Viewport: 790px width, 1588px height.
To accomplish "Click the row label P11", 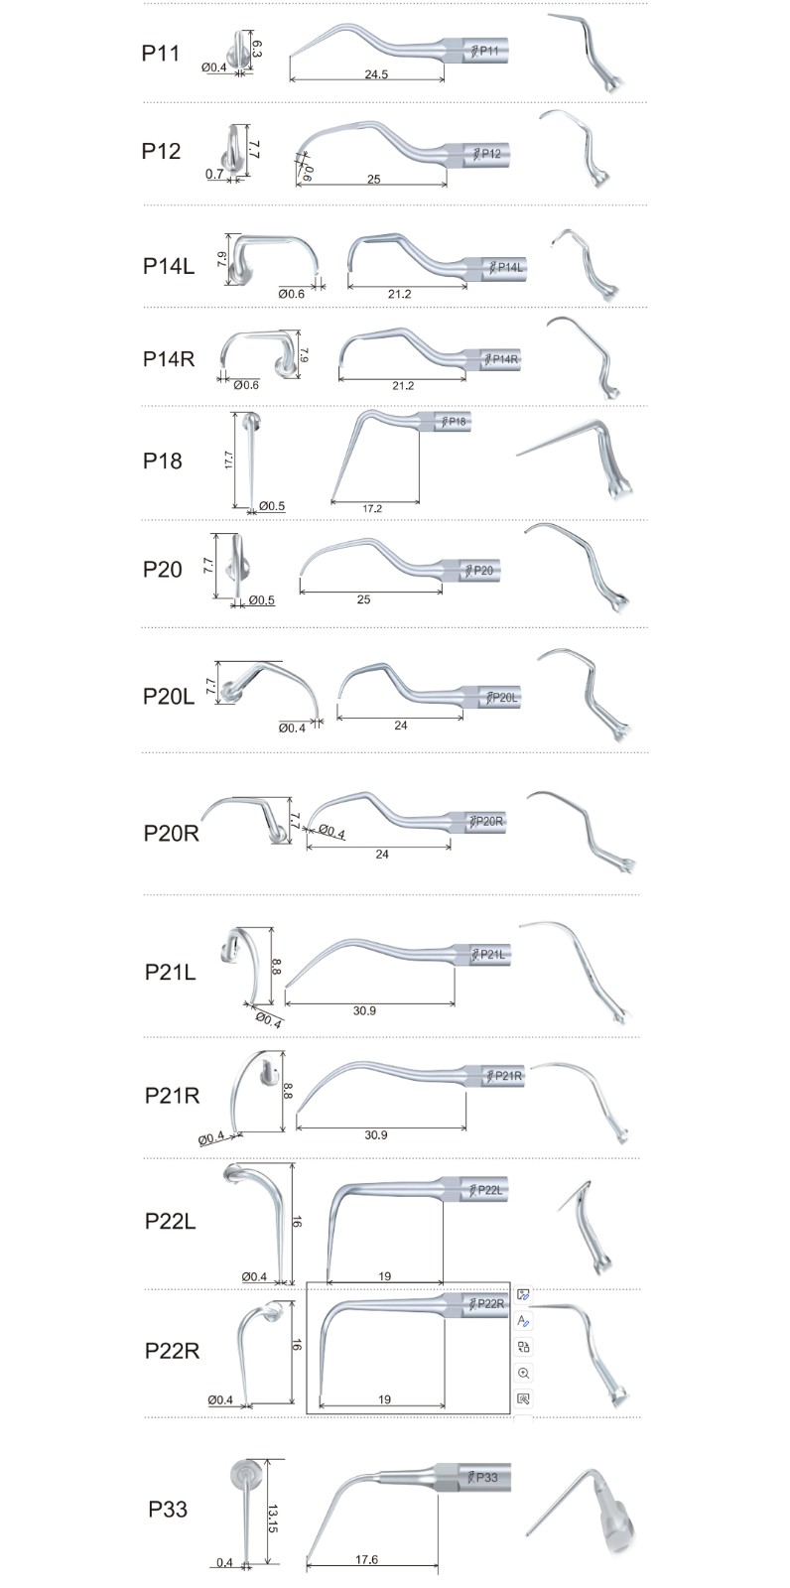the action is [x=160, y=54].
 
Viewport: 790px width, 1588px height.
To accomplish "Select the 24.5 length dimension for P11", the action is [x=376, y=73].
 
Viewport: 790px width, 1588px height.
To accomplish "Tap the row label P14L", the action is [x=168, y=266].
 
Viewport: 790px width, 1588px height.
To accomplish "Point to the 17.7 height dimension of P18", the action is [x=228, y=460].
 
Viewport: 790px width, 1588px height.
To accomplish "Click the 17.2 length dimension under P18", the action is [x=372, y=508].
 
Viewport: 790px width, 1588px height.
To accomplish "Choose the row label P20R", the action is [x=171, y=833].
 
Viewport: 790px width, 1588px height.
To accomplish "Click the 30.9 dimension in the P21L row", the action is [x=364, y=1011].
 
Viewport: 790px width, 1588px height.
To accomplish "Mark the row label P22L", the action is [x=170, y=1221].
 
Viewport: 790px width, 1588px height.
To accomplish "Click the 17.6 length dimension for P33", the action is [x=366, y=1559].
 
